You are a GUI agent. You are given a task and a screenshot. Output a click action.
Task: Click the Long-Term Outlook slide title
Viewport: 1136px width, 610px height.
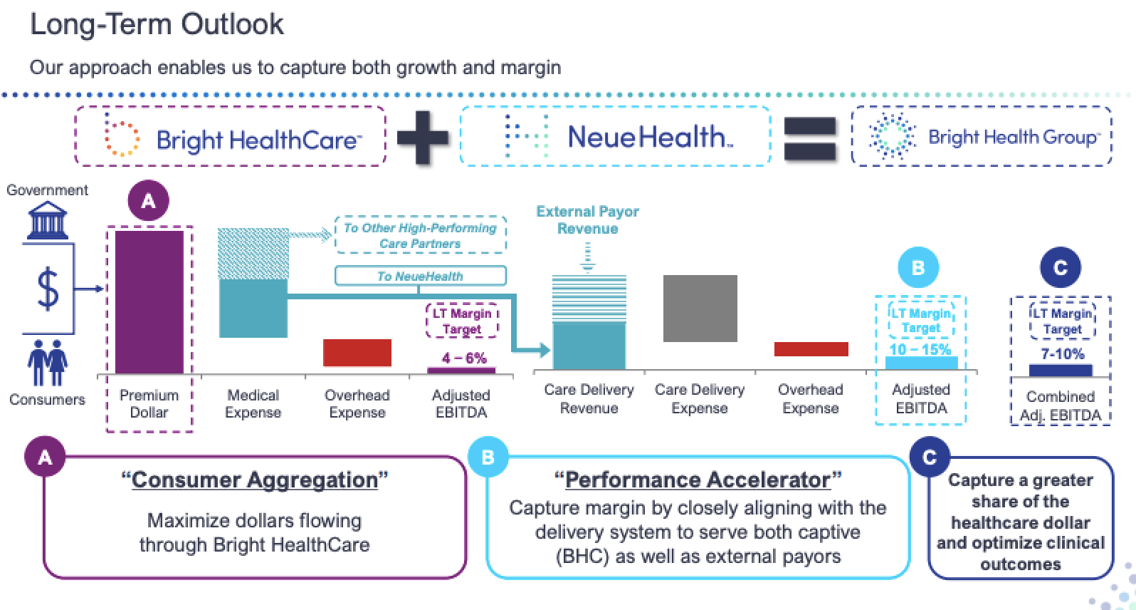(x=157, y=25)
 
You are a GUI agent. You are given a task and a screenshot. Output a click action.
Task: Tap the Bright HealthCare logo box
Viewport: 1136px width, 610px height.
(x=230, y=136)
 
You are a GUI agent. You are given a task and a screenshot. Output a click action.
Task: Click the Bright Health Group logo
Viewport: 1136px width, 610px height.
(x=982, y=136)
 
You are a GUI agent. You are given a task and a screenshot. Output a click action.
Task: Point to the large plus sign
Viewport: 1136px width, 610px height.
(x=423, y=136)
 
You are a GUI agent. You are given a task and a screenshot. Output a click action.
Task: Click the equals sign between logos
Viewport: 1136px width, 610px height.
(x=809, y=138)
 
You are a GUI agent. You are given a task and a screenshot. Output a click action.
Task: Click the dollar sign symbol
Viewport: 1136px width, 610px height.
(x=48, y=289)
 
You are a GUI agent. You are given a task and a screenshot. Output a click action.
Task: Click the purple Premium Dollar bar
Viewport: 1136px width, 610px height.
(x=149, y=301)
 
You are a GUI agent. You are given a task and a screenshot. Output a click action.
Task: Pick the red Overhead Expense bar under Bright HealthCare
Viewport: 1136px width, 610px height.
(x=357, y=353)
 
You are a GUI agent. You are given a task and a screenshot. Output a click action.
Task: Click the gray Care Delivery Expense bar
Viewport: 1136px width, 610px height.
(x=700, y=309)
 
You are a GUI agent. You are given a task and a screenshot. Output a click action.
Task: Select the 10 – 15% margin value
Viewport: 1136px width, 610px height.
(x=920, y=349)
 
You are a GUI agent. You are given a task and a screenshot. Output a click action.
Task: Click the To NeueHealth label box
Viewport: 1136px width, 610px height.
(x=420, y=276)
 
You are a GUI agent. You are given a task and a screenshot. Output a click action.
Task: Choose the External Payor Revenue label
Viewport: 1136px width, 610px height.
(x=587, y=220)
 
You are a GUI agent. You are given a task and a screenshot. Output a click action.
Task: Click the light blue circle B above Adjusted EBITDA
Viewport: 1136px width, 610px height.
(x=917, y=268)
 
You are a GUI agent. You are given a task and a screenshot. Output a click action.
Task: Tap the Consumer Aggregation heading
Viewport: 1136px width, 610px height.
(x=254, y=480)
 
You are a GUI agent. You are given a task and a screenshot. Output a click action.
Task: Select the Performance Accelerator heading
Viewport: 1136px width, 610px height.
(x=698, y=480)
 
